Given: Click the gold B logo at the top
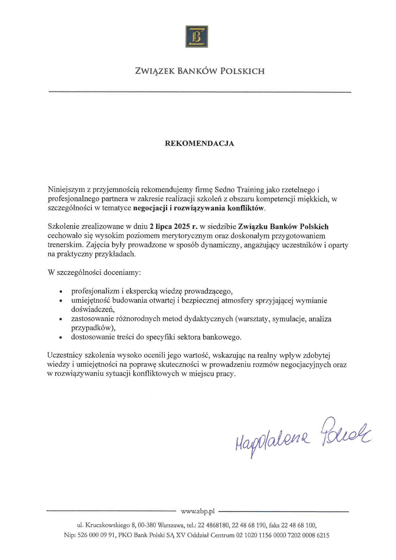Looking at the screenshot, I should tap(197, 37).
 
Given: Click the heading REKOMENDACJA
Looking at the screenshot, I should tap(199, 144).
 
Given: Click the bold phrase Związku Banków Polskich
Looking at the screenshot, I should tap(283, 227).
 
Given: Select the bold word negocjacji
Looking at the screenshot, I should tap(150, 208).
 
